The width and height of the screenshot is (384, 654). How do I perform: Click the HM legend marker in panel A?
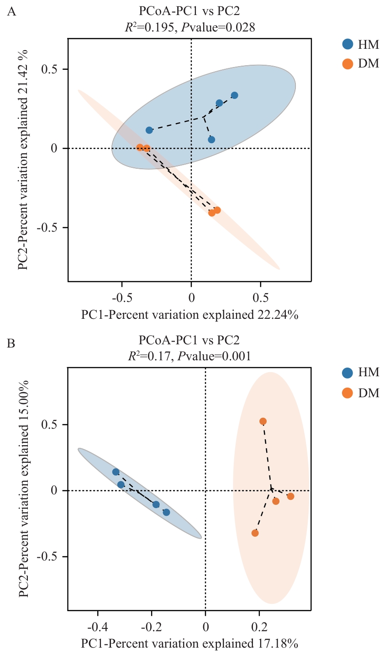(x=348, y=44)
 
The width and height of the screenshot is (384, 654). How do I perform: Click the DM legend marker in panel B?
(x=348, y=392)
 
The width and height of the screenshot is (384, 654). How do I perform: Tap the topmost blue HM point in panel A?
(x=234, y=95)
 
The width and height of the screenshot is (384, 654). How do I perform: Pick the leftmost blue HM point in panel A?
(x=149, y=130)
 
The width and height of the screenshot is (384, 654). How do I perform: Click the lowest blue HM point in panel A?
(x=211, y=140)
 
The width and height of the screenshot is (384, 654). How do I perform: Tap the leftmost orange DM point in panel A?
(x=140, y=147)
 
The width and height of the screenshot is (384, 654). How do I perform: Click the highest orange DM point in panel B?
(x=263, y=421)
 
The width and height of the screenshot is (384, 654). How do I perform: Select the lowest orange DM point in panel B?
(x=255, y=533)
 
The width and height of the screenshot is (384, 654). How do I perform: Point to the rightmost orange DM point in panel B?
(x=290, y=496)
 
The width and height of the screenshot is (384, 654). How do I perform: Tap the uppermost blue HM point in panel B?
(x=116, y=472)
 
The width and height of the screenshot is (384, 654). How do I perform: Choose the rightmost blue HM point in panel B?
(x=166, y=512)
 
